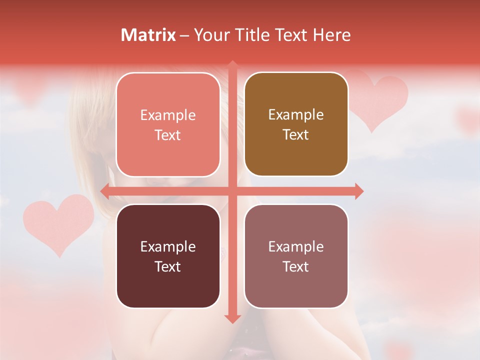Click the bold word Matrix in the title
pos(148,35)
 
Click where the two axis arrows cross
pos(232,191)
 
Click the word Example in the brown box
pos(296,115)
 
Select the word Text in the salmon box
pos(168,135)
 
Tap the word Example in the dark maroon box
pos(168,246)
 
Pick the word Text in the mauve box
pos(296,266)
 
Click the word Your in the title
pos(210,35)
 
